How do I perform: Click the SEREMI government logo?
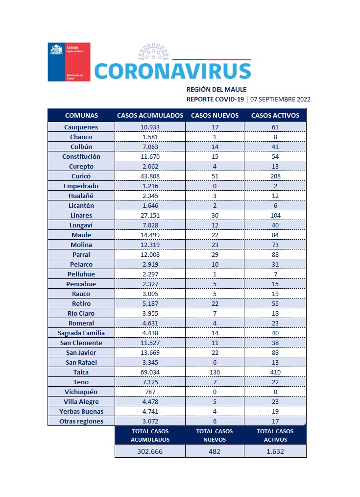(x=69, y=62)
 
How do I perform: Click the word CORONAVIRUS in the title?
(x=172, y=71)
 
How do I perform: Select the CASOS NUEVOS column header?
(x=215, y=116)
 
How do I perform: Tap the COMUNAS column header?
(x=81, y=116)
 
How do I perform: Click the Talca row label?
(x=81, y=372)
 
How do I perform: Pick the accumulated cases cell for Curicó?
(x=150, y=176)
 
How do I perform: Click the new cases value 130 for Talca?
(x=215, y=372)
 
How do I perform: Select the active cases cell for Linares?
(x=275, y=215)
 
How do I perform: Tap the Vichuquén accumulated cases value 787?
(x=150, y=392)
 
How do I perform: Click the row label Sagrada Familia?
(x=81, y=333)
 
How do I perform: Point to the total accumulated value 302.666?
(x=150, y=451)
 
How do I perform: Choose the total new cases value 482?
(x=215, y=451)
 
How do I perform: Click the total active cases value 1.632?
(x=275, y=451)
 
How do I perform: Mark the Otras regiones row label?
(x=81, y=421)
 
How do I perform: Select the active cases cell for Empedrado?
(x=275, y=186)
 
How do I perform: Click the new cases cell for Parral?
(x=215, y=254)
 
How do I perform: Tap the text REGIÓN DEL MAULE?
(x=216, y=89)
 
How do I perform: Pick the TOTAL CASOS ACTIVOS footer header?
(x=275, y=435)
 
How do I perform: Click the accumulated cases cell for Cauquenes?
(x=150, y=127)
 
